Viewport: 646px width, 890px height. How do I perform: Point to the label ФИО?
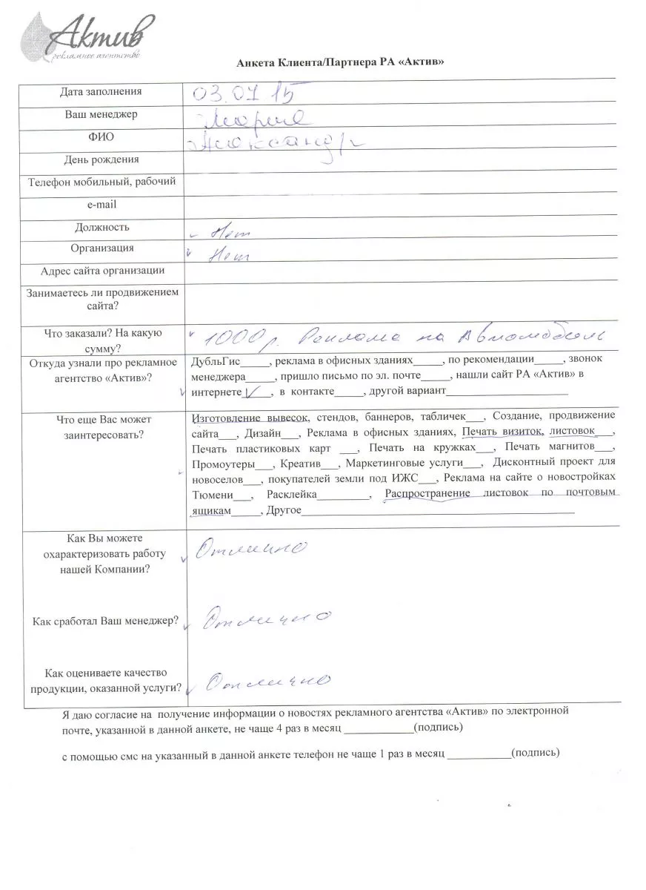point(101,136)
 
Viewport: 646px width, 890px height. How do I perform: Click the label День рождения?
point(101,159)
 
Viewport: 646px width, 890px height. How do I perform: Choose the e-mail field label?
point(101,205)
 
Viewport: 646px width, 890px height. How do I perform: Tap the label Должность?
point(101,227)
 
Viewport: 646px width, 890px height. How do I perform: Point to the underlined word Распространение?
point(427,494)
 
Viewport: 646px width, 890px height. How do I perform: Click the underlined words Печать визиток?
point(502,431)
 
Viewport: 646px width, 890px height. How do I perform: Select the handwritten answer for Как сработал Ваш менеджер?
point(267,618)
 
